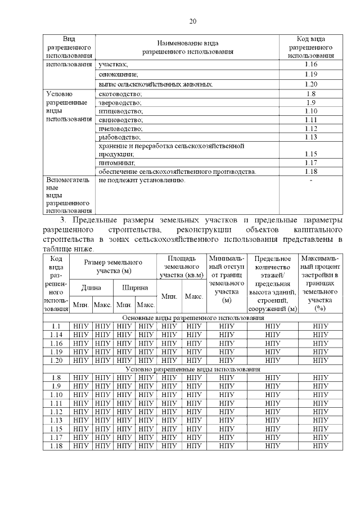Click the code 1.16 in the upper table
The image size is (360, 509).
point(311,65)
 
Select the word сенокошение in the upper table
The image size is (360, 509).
point(118,74)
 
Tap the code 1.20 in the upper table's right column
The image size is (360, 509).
point(311,84)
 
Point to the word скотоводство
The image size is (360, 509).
point(120,93)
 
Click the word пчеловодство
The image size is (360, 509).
point(121,128)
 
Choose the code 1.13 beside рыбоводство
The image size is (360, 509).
point(311,137)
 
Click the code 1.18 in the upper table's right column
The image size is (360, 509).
point(311,171)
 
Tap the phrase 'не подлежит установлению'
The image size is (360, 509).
point(142,181)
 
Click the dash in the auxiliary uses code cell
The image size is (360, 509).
point(311,181)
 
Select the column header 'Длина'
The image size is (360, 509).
point(91,287)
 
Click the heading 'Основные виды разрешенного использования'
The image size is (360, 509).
point(192,318)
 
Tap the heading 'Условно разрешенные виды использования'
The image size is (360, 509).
point(192,369)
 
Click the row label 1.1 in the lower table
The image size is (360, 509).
point(56,326)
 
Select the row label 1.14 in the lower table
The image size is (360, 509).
point(56,335)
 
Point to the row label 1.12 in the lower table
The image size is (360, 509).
point(56,411)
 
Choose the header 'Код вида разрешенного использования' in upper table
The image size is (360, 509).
point(311,47)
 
